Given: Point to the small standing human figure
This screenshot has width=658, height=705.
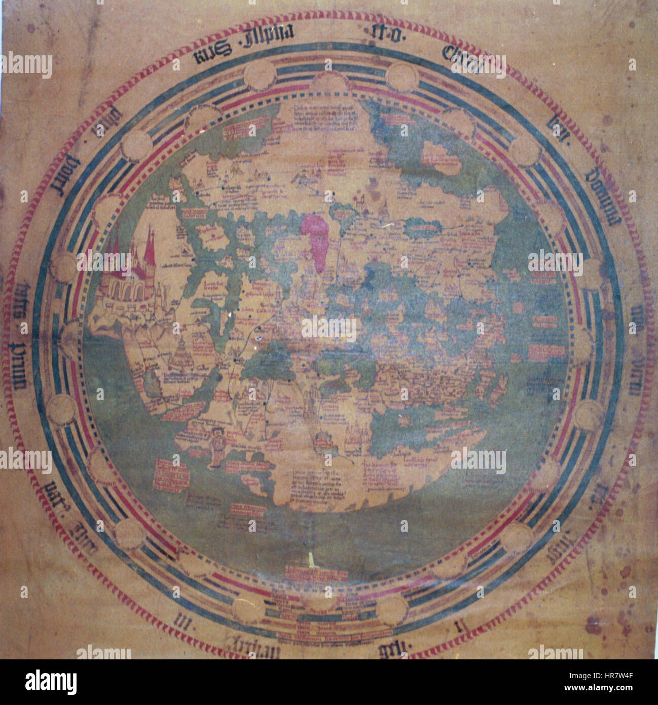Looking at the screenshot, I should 218,443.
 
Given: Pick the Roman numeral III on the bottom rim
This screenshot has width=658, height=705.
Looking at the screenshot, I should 182,621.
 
